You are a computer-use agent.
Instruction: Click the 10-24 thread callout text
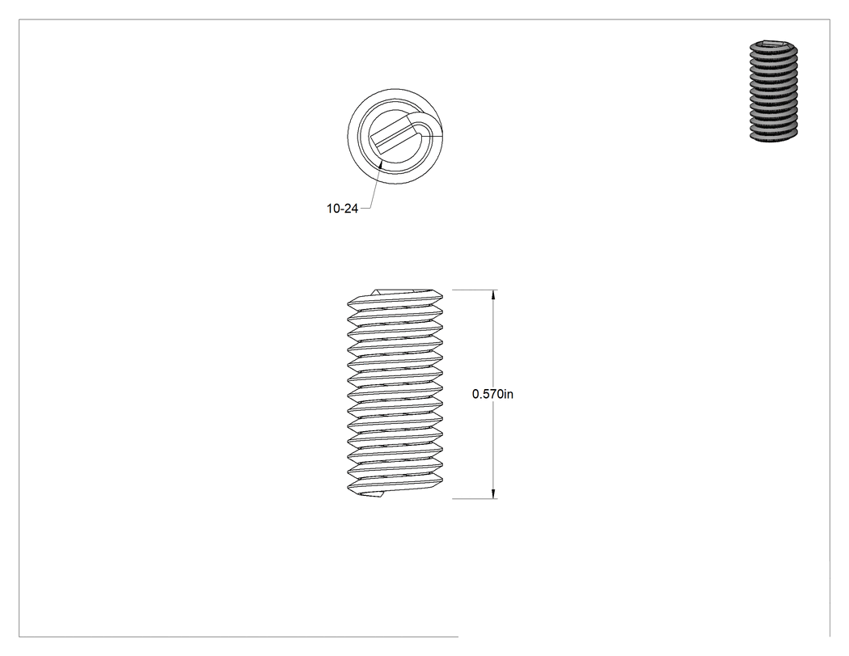(342, 209)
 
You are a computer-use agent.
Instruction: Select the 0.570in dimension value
(492, 394)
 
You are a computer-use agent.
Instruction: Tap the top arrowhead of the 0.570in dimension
(492, 295)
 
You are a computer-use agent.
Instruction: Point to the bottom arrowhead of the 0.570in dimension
(492, 493)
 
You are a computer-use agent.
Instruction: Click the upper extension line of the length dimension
(475, 290)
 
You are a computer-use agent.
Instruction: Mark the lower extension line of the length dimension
(475, 498)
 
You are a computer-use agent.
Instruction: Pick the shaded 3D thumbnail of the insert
(774, 91)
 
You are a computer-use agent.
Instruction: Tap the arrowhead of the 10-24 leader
(381, 163)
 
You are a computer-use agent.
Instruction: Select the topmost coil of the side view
(395, 298)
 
